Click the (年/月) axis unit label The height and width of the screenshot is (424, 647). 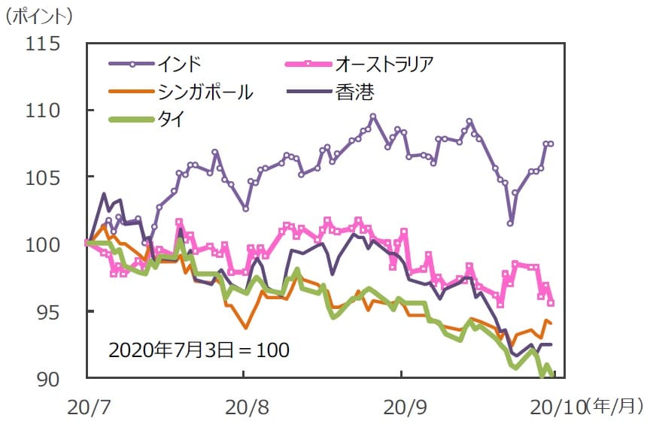pos(613,407)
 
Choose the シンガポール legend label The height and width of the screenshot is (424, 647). pos(205,92)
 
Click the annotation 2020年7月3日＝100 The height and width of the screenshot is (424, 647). pos(199,350)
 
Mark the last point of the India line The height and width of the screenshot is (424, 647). pos(551,144)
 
